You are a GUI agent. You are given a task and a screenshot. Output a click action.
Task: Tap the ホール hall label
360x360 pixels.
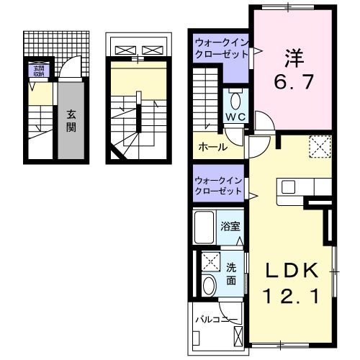[x=213, y=147]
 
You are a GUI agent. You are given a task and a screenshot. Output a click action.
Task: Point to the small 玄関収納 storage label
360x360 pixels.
[x=37, y=70]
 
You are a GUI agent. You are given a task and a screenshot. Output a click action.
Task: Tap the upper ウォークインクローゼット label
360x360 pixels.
[x=220, y=48]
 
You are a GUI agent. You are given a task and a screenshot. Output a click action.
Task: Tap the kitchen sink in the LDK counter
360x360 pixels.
[x=289, y=187]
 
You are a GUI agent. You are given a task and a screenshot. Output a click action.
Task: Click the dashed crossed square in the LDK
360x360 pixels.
[x=319, y=147]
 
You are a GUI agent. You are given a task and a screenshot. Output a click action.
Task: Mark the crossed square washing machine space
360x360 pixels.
[x=211, y=261]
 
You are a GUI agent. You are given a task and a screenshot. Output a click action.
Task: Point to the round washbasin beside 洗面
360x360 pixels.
[x=210, y=284]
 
